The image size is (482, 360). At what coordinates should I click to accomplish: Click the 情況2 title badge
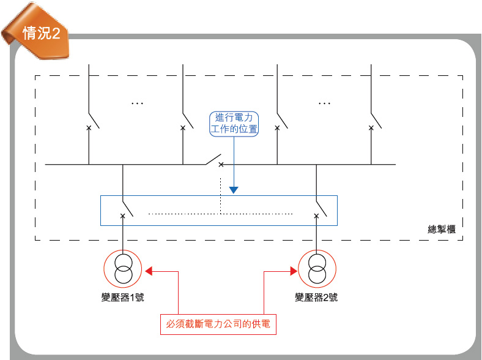tap(40, 33)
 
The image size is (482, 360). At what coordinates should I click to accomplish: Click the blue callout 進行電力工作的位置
tap(234, 123)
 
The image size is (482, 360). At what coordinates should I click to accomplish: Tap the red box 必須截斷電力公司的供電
tap(218, 324)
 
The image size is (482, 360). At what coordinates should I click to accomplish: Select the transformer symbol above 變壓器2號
tap(316, 268)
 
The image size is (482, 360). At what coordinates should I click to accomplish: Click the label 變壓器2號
tap(316, 298)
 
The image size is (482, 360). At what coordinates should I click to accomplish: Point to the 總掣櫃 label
tap(442, 229)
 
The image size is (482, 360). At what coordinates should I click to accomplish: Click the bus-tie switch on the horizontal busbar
tap(213, 161)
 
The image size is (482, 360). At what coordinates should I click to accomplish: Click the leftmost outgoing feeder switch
tap(94, 120)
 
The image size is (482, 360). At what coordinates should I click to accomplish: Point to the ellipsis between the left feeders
tap(136, 103)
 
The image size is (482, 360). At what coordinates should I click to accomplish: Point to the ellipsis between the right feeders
tap(324, 103)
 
